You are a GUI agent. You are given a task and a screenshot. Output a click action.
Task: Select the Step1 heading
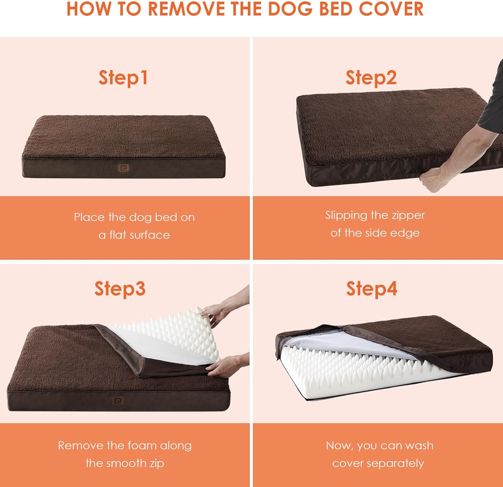tap(123, 78)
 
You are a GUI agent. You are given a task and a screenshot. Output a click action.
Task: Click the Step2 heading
tap(371, 78)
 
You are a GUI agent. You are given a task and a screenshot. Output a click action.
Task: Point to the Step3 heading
tap(120, 289)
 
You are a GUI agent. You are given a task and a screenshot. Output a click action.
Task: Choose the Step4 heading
tap(372, 289)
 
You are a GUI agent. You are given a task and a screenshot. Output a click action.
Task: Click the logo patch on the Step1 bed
tap(123, 168)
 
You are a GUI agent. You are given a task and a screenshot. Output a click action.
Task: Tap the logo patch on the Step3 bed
tap(118, 400)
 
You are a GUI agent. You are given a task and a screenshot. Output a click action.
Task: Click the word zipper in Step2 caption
tap(408, 215)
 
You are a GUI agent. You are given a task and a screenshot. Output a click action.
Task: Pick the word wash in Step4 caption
tap(419, 445)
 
